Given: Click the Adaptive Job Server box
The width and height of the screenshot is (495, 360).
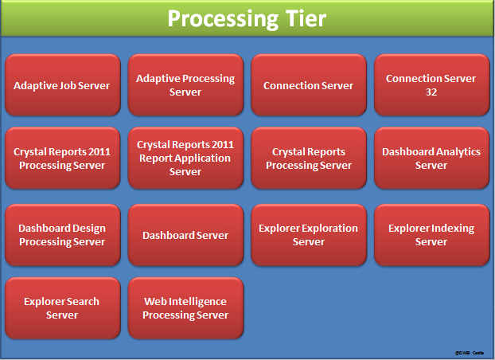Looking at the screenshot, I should (x=62, y=85).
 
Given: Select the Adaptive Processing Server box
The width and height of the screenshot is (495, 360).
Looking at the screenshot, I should (x=185, y=85).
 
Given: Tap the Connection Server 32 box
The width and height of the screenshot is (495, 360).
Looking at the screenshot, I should (x=431, y=85).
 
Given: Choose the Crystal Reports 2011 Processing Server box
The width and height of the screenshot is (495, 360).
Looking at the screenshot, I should (x=62, y=158).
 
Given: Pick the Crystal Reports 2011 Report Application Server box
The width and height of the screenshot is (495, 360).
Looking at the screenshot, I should (x=185, y=158).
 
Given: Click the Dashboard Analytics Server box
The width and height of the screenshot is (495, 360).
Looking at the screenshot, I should (x=431, y=158).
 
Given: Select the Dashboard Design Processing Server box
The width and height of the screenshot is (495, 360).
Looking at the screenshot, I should (x=62, y=235).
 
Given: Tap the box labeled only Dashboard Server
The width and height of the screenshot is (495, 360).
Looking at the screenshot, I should (x=185, y=235).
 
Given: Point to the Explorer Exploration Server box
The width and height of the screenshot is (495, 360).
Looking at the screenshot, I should (x=309, y=235).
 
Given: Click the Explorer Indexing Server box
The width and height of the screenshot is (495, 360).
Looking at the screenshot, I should (x=431, y=235).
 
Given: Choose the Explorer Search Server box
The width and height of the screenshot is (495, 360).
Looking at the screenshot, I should (x=62, y=308).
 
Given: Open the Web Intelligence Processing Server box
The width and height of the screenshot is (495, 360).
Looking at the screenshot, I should (x=185, y=308).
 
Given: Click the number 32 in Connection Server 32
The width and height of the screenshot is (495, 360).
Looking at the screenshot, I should (x=431, y=92).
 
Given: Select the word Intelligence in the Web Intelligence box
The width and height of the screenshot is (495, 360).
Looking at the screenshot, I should (x=196, y=302).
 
